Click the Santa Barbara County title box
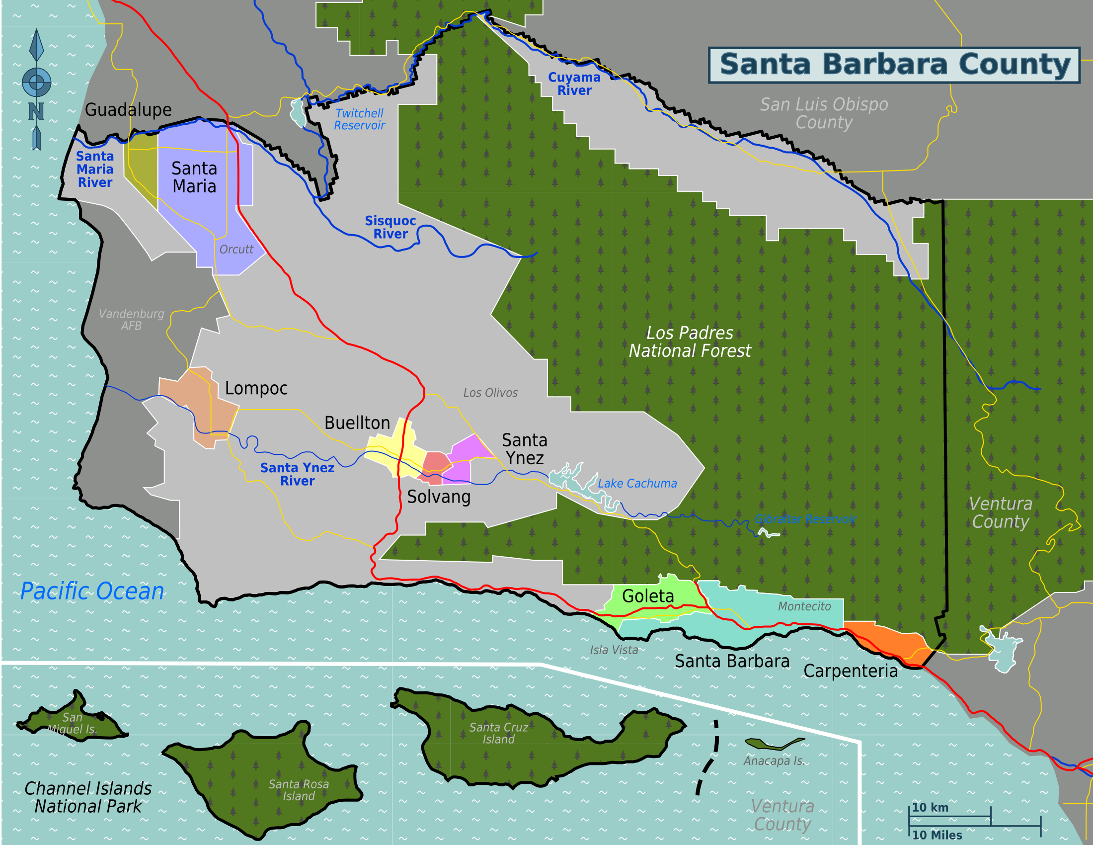pos(894,65)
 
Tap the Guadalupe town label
pos(128,110)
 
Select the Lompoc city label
pos(256,389)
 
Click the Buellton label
pos(357,423)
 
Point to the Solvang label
pos(438,497)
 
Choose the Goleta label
pos(647,596)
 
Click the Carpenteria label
pos(850,672)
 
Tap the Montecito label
pos(804,607)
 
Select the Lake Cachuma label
pos(637,484)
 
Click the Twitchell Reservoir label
pos(359,120)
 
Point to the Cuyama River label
pos(574,84)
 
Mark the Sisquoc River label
pos(390,227)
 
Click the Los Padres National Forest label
pos(690,342)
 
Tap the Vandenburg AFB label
pos(131,320)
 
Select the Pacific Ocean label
pos(92,591)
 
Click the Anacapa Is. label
pos(774,761)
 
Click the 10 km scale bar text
pos(930,807)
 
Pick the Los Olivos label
pos(490,393)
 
